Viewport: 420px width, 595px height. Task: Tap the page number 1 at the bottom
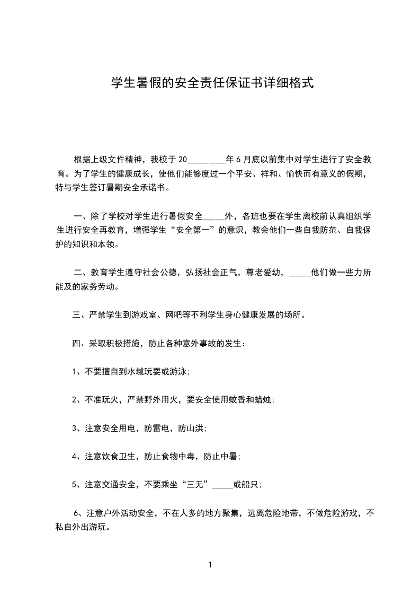point(210,565)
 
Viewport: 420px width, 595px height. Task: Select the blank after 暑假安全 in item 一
point(214,216)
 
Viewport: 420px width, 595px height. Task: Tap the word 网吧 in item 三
point(172,315)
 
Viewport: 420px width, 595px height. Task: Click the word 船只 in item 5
point(250,484)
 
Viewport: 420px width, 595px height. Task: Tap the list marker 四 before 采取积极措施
point(76,344)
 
